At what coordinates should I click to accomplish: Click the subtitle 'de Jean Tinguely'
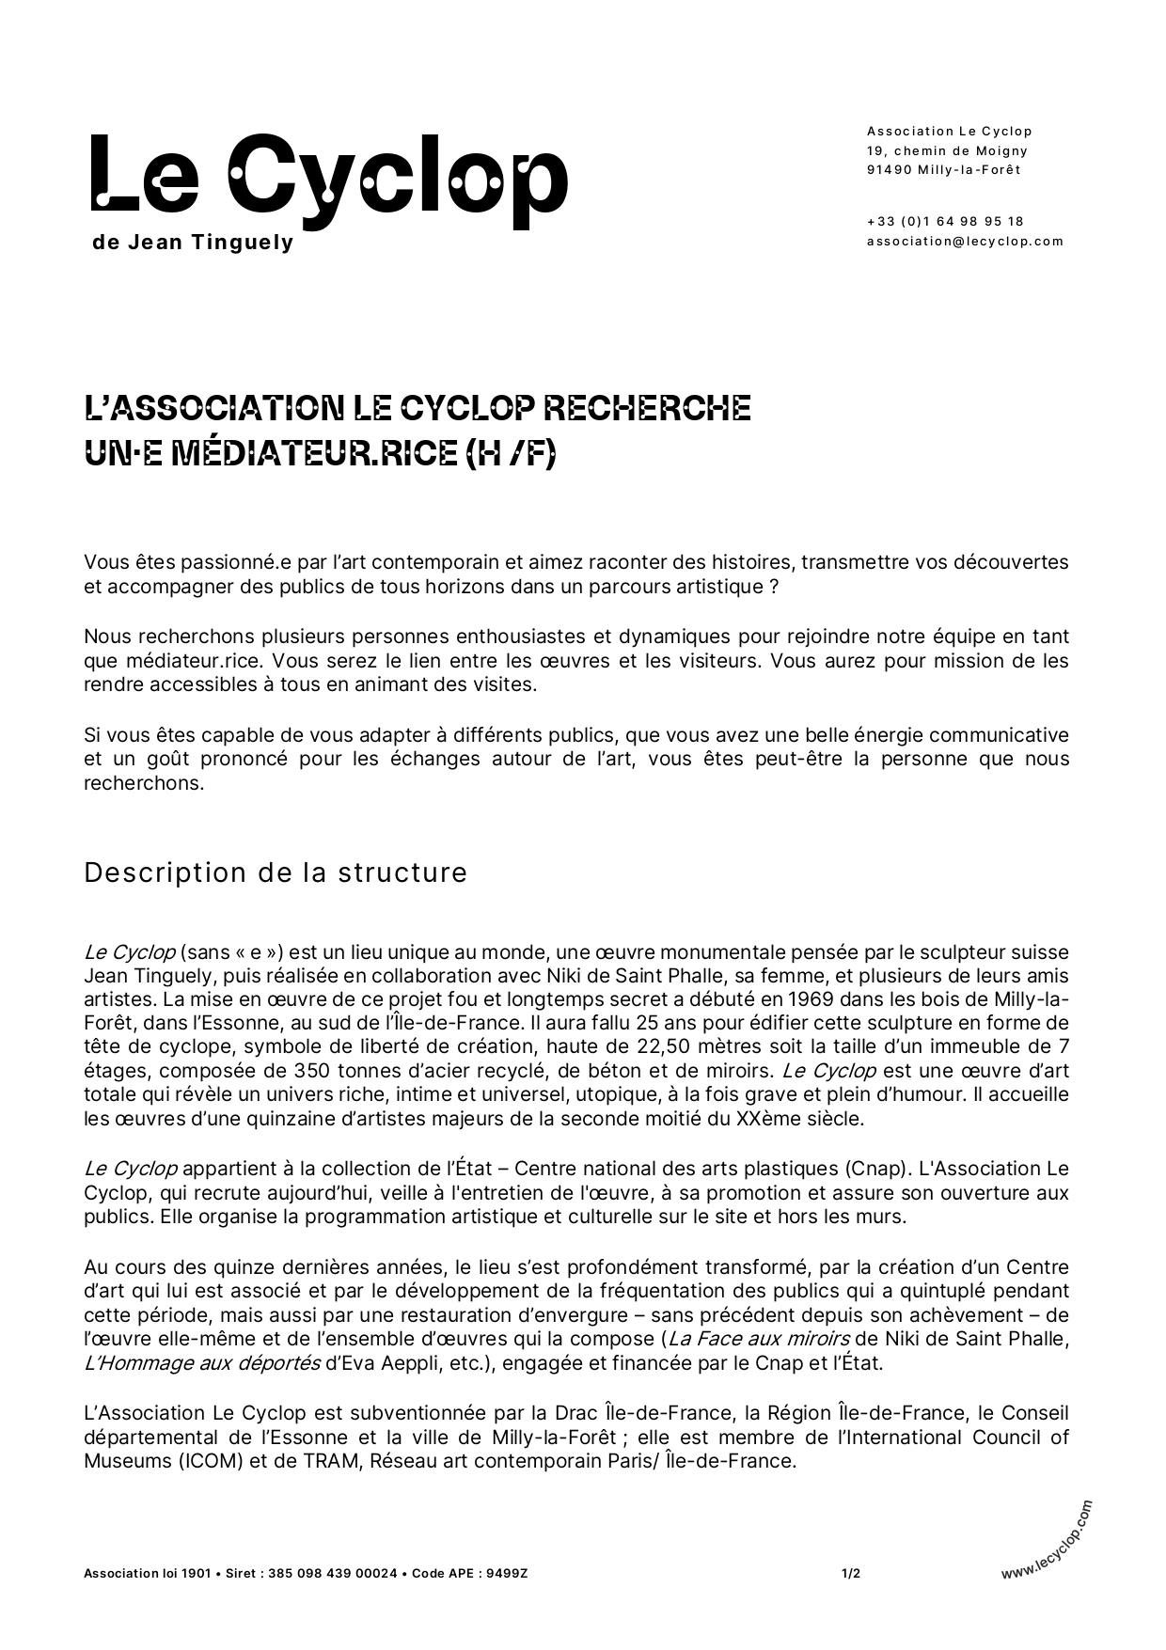coord(194,243)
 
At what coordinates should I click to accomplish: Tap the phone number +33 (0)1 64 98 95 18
coord(945,221)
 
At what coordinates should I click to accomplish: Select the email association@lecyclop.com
coord(965,241)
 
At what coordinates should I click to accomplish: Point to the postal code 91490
coord(887,170)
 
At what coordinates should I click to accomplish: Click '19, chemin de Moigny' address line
coord(947,150)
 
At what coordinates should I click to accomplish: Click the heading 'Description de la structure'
coord(276,872)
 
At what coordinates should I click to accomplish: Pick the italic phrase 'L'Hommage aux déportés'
coord(201,1362)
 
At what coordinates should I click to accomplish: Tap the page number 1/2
coord(851,1573)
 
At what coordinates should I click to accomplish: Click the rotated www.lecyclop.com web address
coord(1047,1539)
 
